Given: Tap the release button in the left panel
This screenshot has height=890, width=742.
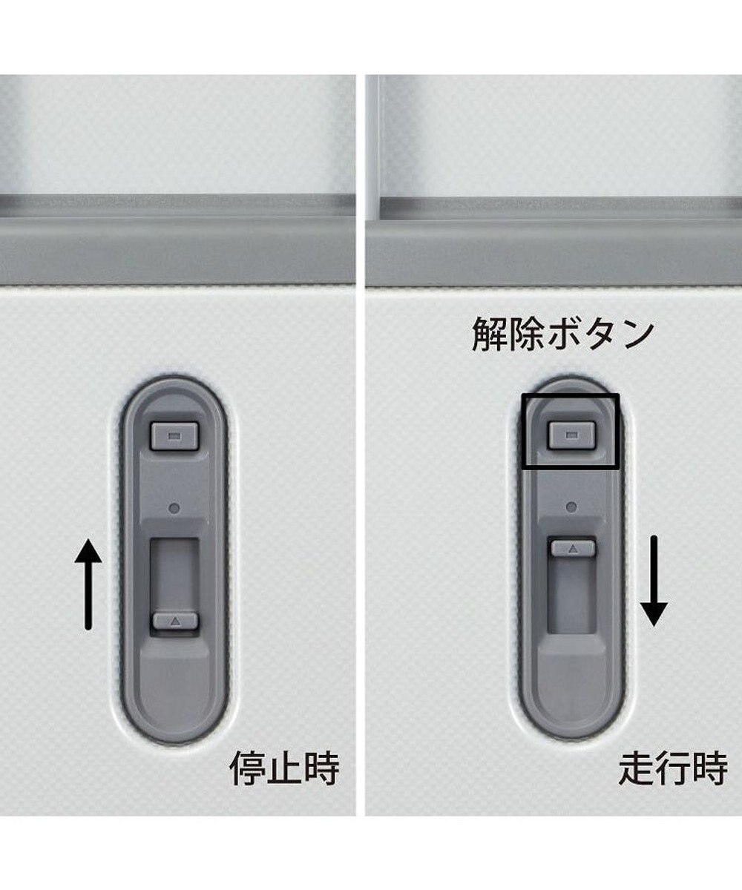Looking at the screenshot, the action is click(175, 436).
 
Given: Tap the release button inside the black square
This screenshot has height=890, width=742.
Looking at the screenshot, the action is click(571, 435).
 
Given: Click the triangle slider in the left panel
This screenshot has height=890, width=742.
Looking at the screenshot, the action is click(175, 622).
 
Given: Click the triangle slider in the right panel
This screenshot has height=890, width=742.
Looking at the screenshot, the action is click(573, 548).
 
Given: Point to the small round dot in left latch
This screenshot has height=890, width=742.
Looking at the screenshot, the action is click(174, 508).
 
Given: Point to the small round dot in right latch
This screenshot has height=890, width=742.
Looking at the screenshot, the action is click(571, 507).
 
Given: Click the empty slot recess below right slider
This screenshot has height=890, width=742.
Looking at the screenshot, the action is click(573, 595).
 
